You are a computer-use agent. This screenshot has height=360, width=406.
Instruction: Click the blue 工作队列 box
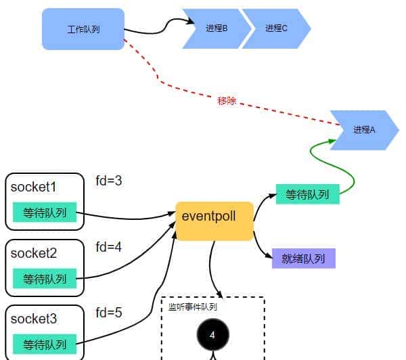[x=83, y=29]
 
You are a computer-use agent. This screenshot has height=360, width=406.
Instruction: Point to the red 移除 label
[x=227, y=101]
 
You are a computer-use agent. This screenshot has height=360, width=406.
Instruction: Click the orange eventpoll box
[x=214, y=221]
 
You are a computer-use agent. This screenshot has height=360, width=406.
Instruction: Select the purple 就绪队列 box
[x=304, y=258]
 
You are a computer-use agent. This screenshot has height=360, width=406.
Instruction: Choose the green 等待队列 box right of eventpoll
[x=307, y=195]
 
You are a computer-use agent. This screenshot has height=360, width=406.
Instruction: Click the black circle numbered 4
[x=212, y=335]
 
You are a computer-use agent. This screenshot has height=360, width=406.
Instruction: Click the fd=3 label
[x=108, y=181]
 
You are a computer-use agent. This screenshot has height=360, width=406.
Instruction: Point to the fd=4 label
[x=108, y=247]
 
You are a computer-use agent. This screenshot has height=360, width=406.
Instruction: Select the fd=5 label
[x=108, y=313]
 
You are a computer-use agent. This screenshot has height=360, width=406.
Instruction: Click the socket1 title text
[x=33, y=187]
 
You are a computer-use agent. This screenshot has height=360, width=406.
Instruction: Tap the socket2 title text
[x=33, y=253]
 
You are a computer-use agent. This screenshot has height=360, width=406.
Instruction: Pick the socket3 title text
[x=33, y=319]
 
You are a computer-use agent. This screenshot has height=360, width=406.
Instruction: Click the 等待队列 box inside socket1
[x=45, y=212]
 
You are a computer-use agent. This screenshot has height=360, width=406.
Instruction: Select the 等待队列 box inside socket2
[x=45, y=279]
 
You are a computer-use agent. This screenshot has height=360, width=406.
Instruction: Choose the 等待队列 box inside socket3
[x=45, y=344]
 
